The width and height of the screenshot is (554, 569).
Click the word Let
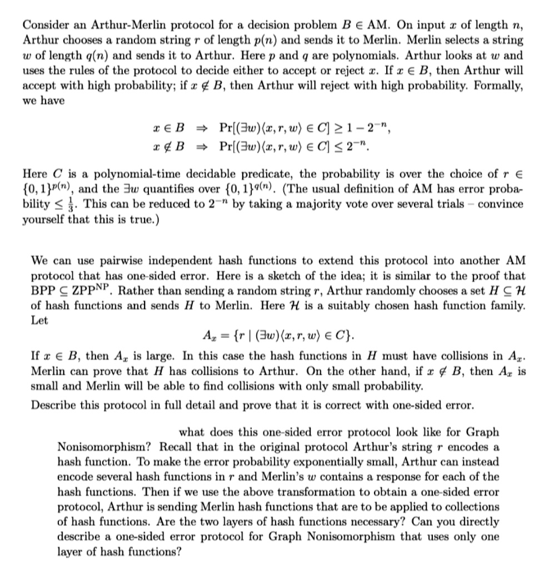(39, 320)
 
